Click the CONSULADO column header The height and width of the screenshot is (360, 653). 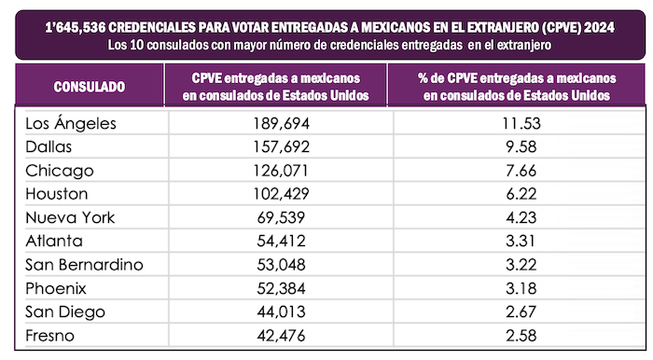click(x=90, y=87)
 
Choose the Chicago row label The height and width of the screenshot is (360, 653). click(x=60, y=171)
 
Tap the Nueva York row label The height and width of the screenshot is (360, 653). click(x=70, y=218)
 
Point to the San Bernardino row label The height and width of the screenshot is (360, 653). click(x=85, y=265)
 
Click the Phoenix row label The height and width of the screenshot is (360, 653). click(x=57, y=289)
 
